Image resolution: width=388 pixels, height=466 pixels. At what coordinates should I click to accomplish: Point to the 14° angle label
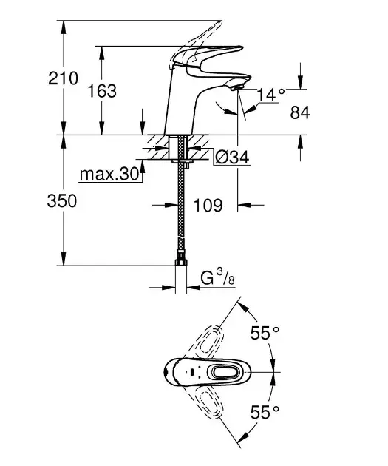click(270, 94)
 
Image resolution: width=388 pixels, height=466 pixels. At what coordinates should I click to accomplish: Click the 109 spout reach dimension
click(208, 205)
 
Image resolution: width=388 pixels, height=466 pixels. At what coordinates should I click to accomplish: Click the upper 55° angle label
click(265, 334)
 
